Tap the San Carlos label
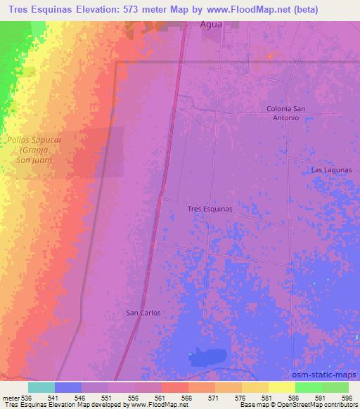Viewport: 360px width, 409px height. [143, 312]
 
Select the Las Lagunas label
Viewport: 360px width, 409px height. [330, 170]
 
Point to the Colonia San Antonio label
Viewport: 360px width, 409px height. [286, 114]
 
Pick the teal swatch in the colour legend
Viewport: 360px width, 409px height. [41, 387]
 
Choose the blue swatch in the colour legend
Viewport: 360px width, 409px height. [68, 387]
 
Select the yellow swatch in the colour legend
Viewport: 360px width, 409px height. [282, 387]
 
